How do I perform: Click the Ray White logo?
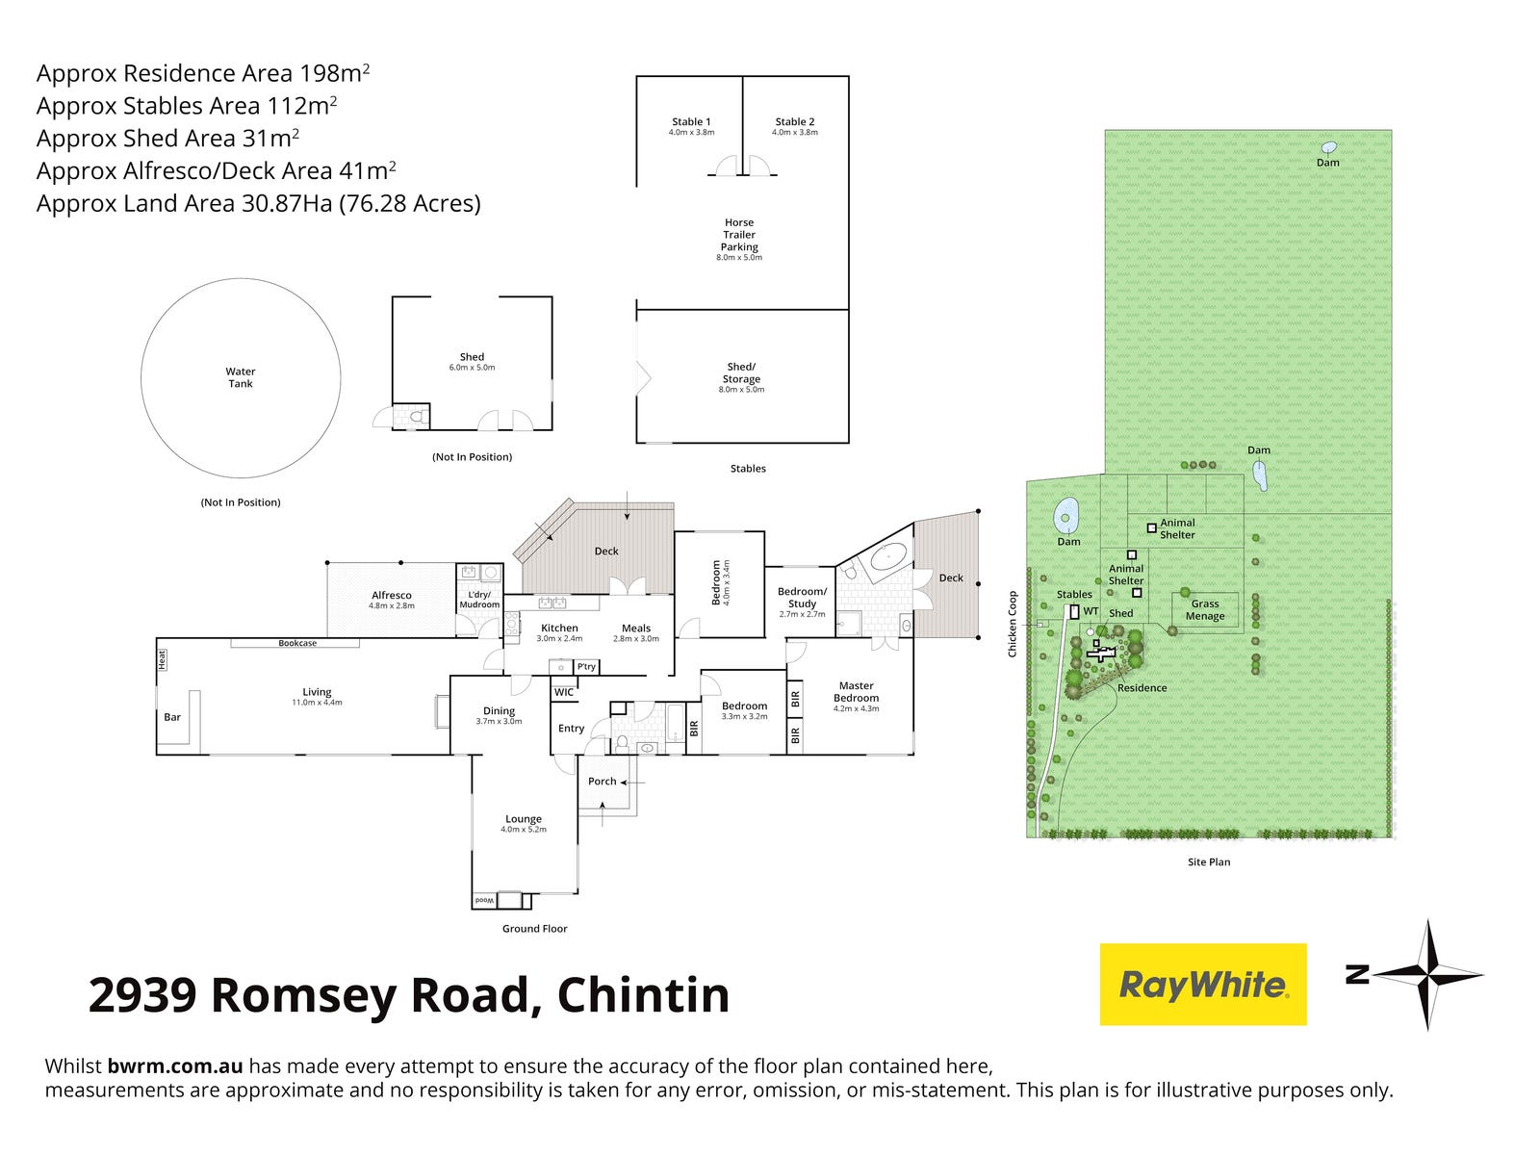click(x=1203, y=984)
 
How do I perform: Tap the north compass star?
click(x=1427, y=975)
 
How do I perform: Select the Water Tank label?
click(x=241, y=377)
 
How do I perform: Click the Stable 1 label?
click(x=691, y=122)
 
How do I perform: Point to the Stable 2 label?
click(x=795, y=122)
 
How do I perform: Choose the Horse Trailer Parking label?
click(x=739, y=235)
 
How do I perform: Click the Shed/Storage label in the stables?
click(x=741, y=372)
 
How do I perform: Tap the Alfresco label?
click(x=392, y=596)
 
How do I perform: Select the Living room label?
click(x=317, y=692)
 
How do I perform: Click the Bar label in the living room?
click(x=172, y=717)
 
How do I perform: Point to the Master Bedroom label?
click(x=856, y=692)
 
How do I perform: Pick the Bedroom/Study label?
click(x=802, y=598)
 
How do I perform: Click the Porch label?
click(x=603, y=782)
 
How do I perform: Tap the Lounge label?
click(x=524, y=820)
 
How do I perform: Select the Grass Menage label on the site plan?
click(x=1205, y=610)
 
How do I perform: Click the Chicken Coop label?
click(x=1013, y=625)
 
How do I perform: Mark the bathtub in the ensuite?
click(x=886, y=559)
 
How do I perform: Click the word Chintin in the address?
click(x=643, y=995)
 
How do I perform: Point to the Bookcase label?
click(x=297, y=643)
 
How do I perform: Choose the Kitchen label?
click(x=559, y=629)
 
